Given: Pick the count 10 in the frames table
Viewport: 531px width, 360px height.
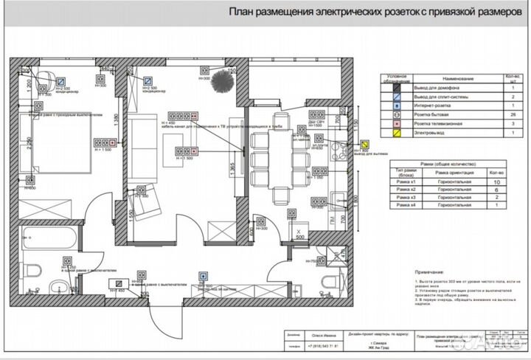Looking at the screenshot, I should [x=497, y=181].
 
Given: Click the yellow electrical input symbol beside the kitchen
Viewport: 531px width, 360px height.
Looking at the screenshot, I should [x=364, y=145].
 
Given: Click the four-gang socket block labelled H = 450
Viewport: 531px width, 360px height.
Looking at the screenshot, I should [x=183, y=116].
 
